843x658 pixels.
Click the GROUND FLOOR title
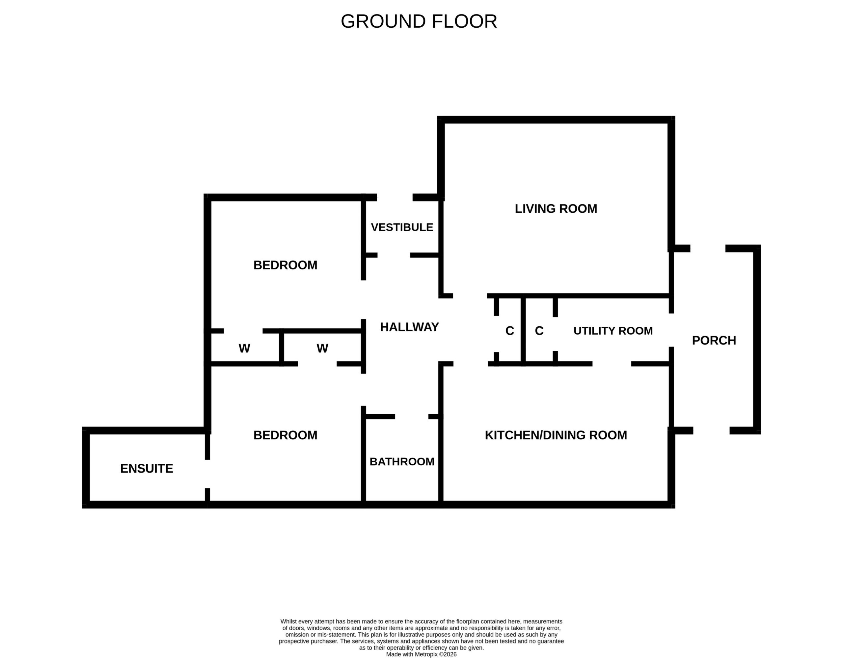(x=419, y=22)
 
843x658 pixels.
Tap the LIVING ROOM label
(x=556, y=209)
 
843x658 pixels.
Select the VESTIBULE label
(x=402, y=227)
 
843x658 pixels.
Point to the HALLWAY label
(x=409, y=327)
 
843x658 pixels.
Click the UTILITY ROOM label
(x=613, y=331)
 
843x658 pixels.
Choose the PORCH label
(x=714, y=341)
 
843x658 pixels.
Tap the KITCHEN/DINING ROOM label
(x=556, y=435)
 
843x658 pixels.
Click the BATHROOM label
(x=402, y=462)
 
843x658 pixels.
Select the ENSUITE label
(x=147, y=469)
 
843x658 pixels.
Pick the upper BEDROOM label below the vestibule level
(x=285, y=265)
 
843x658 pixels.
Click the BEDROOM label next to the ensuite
(x=285, y=435)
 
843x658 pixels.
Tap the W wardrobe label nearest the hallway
(x=322, y=348)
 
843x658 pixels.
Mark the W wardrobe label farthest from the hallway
(x=244, y=348)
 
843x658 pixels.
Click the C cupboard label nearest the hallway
(x=509, y=331)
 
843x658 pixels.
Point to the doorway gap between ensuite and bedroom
(x=207, y=474)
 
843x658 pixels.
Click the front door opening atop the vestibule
(x=394, y=197)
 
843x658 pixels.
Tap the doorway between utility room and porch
(x=671, y=330)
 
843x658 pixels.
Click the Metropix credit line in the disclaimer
(x=421, y=654)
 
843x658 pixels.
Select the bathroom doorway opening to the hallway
(x=412, y=416)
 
